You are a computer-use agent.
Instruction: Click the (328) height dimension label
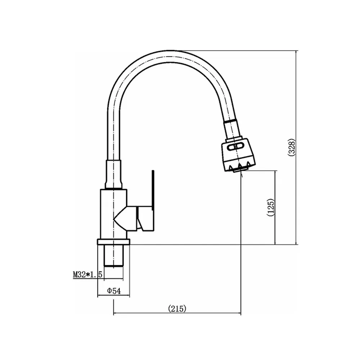click(291, 148)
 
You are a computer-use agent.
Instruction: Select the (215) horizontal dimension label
click(177, 309)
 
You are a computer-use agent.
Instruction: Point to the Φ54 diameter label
click(114, 291)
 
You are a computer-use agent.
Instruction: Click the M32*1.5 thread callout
click(87, 274)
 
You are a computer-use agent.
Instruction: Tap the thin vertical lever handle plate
click(153, 190)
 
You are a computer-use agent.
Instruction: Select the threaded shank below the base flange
click(114, 256)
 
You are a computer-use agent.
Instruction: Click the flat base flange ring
click(114, 242)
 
